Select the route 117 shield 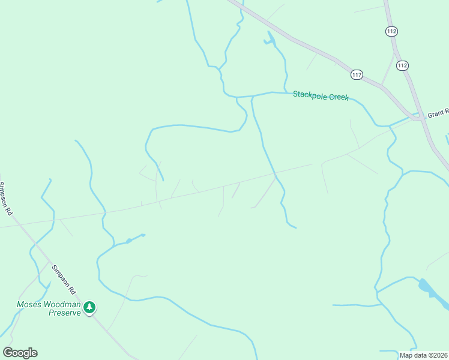click(357, 74)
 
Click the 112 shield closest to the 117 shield click(402, 65)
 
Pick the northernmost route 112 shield click(392, 31)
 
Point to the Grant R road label click(438, 113)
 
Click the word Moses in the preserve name click(28, 304)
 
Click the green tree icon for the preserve click(89, 308)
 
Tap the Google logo click(20, 353)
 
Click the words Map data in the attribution click(413, 355)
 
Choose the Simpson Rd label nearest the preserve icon click(64, 280)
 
